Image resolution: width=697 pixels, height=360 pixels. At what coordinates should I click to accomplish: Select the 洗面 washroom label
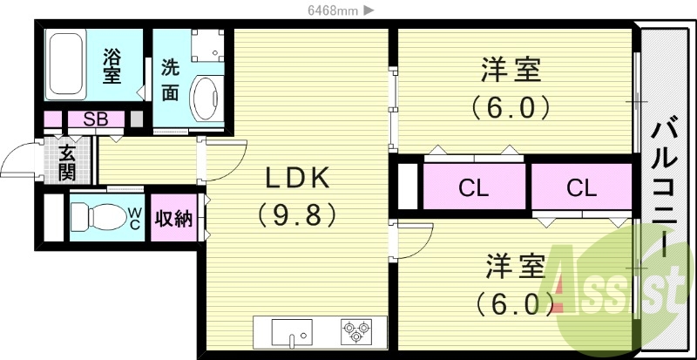tap(171, 79)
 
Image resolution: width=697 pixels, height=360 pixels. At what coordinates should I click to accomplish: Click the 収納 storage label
tap(173, 219)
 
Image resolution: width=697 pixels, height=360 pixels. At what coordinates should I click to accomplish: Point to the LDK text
tap(297, 179)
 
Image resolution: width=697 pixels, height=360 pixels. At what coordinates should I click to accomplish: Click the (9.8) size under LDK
tap(297, 214)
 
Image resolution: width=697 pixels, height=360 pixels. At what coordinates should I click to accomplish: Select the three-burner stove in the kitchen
tap(355, 332)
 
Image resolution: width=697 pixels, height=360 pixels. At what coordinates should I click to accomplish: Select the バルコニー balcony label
tap(665, 187)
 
